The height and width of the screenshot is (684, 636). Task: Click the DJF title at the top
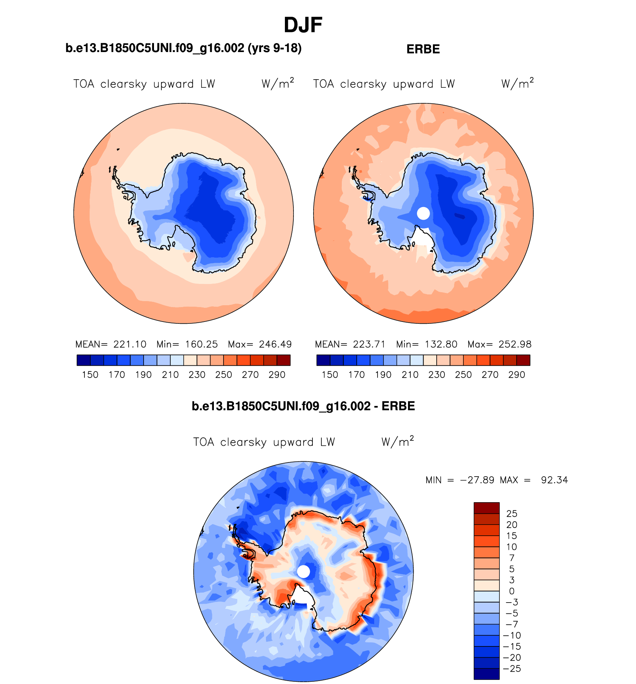click(303, 25)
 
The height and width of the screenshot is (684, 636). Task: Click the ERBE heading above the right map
click(423, 49)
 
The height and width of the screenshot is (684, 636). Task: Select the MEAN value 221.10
click(130, 344)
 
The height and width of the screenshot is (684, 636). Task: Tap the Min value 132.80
click(441, 344)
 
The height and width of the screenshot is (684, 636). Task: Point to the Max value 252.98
click(515, 344)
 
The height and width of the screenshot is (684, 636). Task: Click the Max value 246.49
click(275, 344)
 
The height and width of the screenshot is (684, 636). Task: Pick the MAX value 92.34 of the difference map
click(554, 480)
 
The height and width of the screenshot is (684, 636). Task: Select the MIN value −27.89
click(477, 480)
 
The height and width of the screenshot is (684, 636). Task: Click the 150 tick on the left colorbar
click(90, 375)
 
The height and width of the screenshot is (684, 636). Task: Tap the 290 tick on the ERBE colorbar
click(517, 375)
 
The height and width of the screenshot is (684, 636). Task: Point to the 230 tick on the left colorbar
click(197, 375)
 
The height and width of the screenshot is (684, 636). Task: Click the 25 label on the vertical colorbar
click(512, 514)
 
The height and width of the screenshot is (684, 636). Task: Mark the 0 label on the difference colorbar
click(512, 591)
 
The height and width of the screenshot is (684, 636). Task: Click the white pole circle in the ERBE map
click(423, 213)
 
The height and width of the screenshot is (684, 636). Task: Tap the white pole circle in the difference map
click(303, 571)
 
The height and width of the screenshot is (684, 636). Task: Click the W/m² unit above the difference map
click(397, 442)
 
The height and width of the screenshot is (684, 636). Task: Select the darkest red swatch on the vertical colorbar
click(486, 508)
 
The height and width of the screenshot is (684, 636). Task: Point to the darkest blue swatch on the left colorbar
click(84, 360)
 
